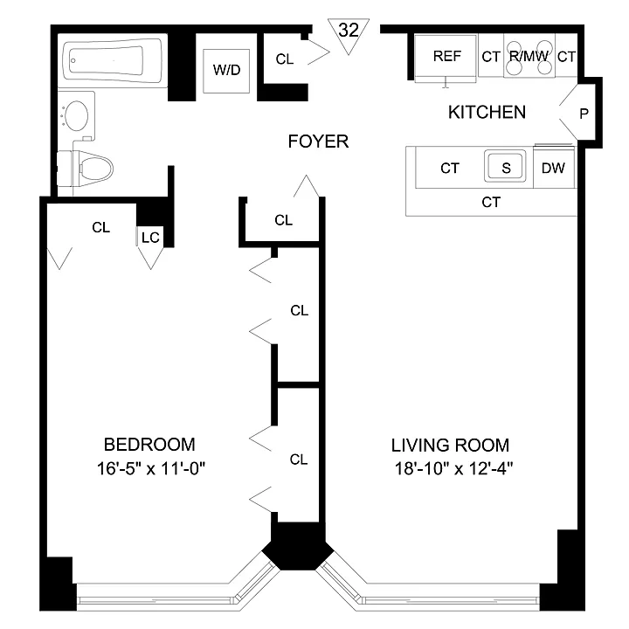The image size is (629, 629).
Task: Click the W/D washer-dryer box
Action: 226,71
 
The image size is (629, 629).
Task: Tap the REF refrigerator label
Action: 447,56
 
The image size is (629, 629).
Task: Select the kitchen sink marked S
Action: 505,166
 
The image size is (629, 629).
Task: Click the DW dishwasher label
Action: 553,168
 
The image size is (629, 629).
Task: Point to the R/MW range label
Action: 529,56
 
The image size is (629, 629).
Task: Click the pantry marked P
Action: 584,114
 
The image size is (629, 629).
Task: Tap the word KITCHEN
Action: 487,112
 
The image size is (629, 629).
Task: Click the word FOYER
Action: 318,142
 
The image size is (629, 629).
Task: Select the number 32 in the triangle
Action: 349,30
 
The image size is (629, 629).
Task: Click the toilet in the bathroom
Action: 86,169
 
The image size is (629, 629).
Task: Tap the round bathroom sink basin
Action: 76,115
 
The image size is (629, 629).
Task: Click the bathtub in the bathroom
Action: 113,60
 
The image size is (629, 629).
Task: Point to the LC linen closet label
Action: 150,238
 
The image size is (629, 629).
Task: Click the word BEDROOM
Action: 149,445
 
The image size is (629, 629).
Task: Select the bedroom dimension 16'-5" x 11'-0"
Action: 151,468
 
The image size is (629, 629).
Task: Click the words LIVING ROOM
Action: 450,446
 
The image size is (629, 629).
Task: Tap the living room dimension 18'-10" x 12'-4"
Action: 454,468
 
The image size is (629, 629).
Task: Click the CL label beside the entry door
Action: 285,59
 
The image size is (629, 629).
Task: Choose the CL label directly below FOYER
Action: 284,220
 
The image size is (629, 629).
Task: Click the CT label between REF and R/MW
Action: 491,57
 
